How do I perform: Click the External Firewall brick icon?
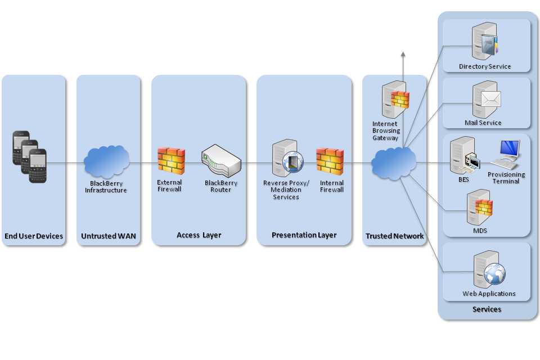(171, 160)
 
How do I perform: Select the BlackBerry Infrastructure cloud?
(106, 161)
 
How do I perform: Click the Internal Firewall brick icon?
(330, 161)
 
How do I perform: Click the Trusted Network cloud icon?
(394, 162)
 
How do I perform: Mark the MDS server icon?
(479, 208)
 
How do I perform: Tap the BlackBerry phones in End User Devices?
(30, 157)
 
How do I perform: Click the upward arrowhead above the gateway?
(403, 54)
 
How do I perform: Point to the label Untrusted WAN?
(108, 236)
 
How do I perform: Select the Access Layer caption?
(199, 235)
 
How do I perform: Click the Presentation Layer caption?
(304, 235)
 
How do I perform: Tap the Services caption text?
(487, 309)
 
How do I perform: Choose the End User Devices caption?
(34, 236)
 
